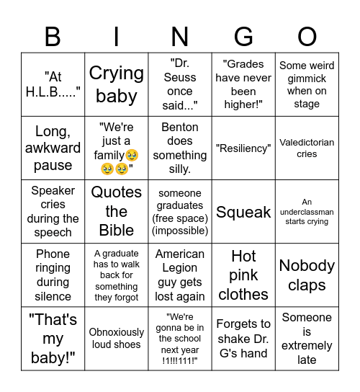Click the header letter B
point(53,36)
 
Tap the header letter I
point(117,36)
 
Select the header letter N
point(180,36)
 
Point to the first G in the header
point(243,36)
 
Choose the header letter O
point(307,36)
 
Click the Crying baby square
point(117,84)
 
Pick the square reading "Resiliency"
point(243,148)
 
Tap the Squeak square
point(243,212)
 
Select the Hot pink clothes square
point(243,275)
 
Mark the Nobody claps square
point(307,275)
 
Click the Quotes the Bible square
point(117,212)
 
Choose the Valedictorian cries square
point(307,148)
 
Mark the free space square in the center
point(180,212)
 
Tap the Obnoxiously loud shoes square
point(117,339)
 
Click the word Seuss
point(180,78)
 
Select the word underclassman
point(307,213)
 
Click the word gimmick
point(307,78)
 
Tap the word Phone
point(53,254)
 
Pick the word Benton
point(180,127)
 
